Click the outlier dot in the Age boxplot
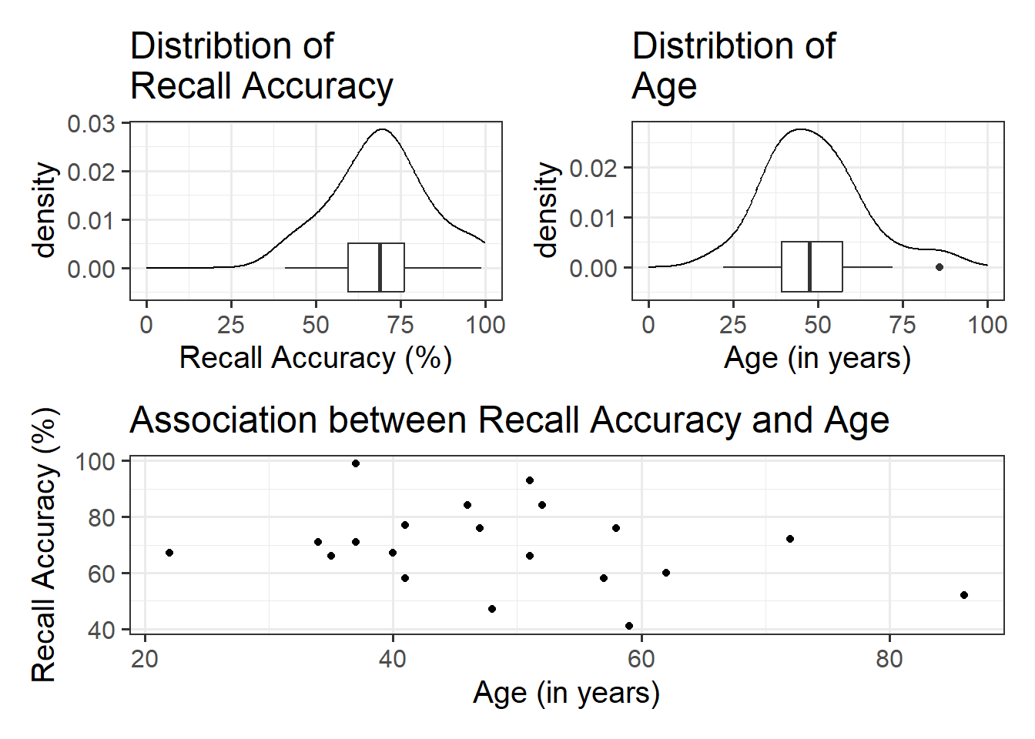940,267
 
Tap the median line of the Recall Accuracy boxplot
380,267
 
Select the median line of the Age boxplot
809,267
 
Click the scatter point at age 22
169,553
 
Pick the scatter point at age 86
964,595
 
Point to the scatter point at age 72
790,539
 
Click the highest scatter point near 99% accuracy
356,463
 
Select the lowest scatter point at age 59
629,626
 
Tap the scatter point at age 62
666,573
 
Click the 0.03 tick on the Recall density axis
91,124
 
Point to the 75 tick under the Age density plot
903,325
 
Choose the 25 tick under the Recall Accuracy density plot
231,325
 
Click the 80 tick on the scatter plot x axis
889,660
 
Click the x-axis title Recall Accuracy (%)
315,358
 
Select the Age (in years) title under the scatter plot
566,693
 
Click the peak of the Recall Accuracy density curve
382,129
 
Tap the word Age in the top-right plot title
664,86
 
